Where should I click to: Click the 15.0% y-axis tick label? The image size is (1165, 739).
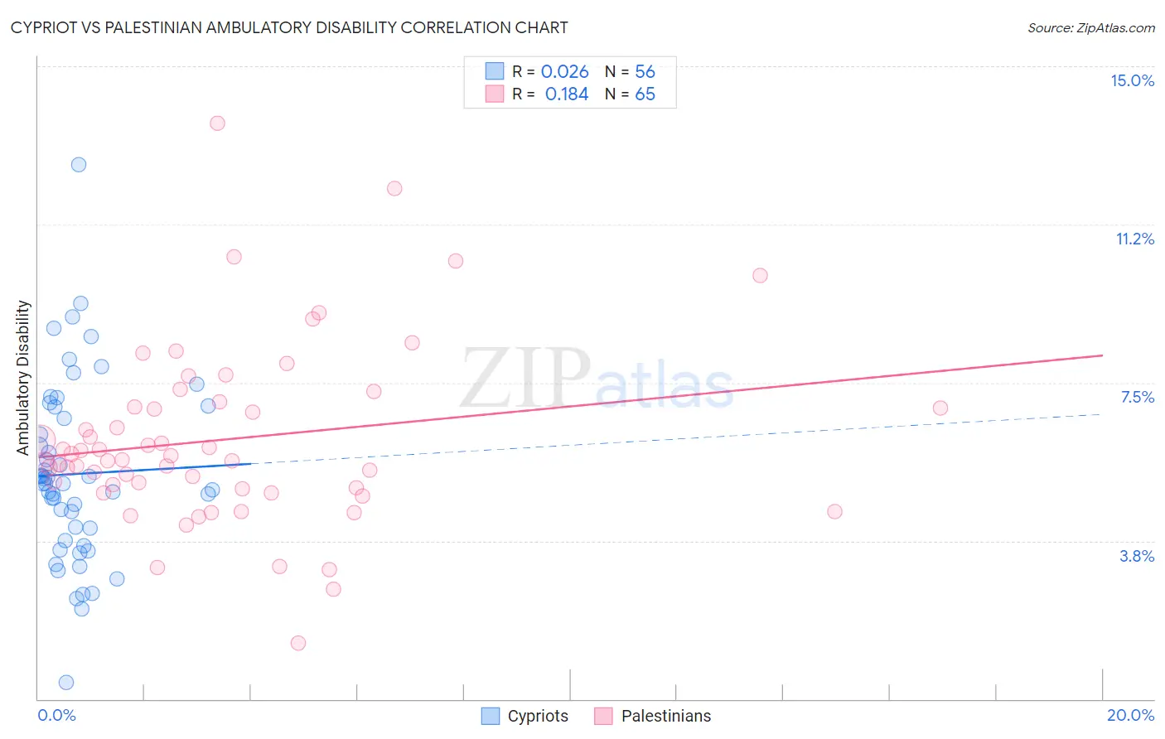click(x=1132, y=80)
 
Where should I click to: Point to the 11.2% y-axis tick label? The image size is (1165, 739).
click(x=1134, y=239)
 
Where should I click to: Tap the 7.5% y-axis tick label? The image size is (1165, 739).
click(x=1137, y=397)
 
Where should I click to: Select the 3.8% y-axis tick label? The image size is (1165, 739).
click(x=1137, y=556)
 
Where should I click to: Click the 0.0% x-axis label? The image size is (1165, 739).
click(x=56, y=715)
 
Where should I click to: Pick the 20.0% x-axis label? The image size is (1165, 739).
click(x=1130, y=715)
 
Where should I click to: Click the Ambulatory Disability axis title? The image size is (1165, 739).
click(x=23, y=377)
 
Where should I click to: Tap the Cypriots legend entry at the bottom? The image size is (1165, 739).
click(x=525, y=716)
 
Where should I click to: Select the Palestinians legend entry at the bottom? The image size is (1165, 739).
click(x=653, y=716)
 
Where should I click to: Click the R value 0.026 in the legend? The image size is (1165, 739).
click(x=564, y=71)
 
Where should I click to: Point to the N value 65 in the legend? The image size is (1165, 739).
click(x=645, y=94)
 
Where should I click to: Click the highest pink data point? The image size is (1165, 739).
click(x=217, y=123)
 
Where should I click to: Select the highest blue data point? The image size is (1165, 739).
click(x=79, y=164)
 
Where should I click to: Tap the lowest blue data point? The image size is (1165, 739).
click(x=66, y=682)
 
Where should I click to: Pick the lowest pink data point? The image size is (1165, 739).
click(x=298, y=643)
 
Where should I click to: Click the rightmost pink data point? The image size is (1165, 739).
click(x=940, y=408)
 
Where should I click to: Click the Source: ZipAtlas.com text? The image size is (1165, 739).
click(x=1090, y=27)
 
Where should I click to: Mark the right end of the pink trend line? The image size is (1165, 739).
click(x=1102, y=355)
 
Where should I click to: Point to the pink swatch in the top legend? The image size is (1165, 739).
click(x=494, y=94)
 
